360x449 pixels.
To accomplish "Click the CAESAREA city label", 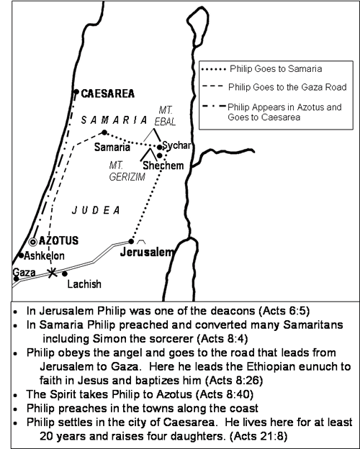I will point(107,94).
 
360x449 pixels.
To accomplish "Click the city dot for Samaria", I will point(104,132).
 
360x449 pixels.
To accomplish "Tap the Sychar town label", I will point(176,145).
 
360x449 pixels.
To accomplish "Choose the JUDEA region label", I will point(96,210).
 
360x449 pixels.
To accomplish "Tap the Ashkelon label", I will point(44,255).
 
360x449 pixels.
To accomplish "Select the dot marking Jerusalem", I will point(130,242).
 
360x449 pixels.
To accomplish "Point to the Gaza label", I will point(22,271).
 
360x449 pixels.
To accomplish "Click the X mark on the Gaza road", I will point(51,272).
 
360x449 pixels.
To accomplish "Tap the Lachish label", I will point(84,284).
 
